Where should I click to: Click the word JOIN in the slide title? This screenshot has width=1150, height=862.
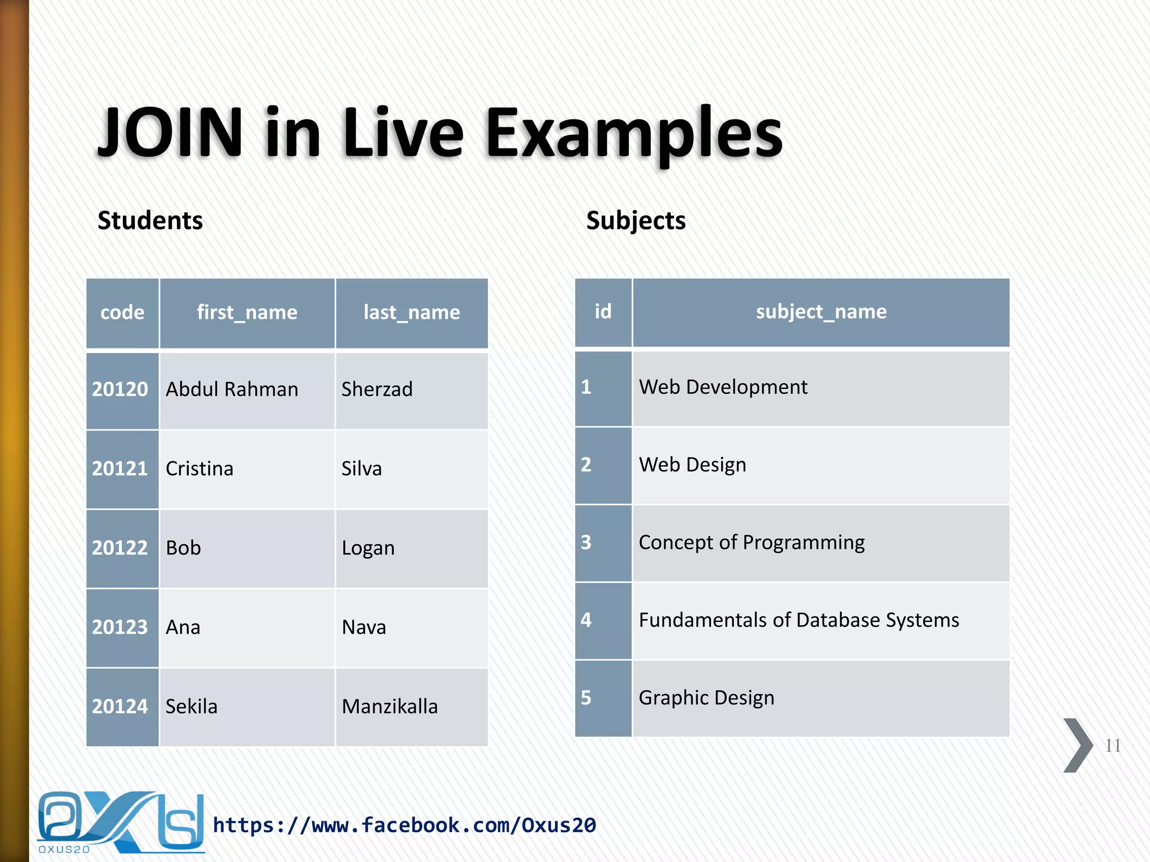(x=170, y=133)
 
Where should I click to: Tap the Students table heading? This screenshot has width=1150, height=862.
(x=150, y=220)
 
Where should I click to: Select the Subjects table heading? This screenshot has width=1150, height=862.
(x=636, y=220)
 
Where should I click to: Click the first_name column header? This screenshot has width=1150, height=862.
(x=247, y=312)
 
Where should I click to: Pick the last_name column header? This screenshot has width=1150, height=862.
(x=412, y=312)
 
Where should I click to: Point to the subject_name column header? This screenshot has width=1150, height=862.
(x=821, y=311)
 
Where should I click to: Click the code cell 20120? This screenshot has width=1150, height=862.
(x=120, y=389)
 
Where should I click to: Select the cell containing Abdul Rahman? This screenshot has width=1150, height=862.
(x=232, y=389)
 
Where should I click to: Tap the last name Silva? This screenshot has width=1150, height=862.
(x=362, y=469)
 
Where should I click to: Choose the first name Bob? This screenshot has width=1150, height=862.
(x=184, y=548)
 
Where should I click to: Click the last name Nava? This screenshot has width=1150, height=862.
(x=364, y=627)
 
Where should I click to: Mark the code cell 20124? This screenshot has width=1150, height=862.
(x=120, y=706)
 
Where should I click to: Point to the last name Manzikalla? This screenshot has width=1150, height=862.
(x=390, y=706)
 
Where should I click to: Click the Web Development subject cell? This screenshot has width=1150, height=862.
(x=723, y=387)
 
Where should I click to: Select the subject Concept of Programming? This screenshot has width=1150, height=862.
(x=752, y=542)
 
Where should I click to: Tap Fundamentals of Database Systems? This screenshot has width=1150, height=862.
(x=799, y=620)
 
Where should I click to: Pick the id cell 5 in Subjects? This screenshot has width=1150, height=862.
(x=586, y=698)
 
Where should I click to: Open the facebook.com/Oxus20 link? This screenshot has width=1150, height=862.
(x=404, y=825)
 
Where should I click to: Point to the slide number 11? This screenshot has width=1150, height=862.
(x=1113, y=745)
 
